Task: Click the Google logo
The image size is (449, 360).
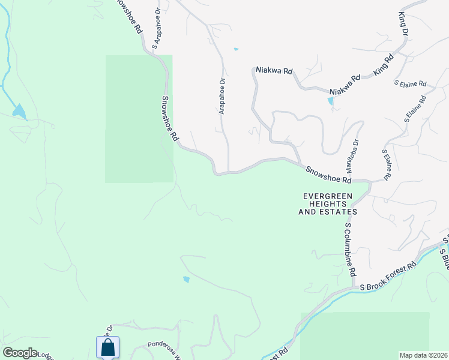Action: (20, 353)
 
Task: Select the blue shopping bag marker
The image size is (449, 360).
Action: (107, 347)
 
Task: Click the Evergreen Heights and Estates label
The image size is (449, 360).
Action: (330, 204)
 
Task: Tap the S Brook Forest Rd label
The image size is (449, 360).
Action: (388, 277)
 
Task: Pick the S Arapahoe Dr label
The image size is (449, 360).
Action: (158, 29)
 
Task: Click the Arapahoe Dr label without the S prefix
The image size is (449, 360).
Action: (221, 95)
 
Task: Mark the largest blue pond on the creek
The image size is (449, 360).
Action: (19, 112)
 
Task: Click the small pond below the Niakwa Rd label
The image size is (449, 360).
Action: (331, 101)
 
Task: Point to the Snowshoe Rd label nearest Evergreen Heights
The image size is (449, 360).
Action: (328, 175)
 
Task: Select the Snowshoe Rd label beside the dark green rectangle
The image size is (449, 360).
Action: (170, 118)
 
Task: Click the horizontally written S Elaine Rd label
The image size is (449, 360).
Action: (410, 83)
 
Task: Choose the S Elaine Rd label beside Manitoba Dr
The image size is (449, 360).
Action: (387, 164)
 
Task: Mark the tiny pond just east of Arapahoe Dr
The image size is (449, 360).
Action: (236, 49)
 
